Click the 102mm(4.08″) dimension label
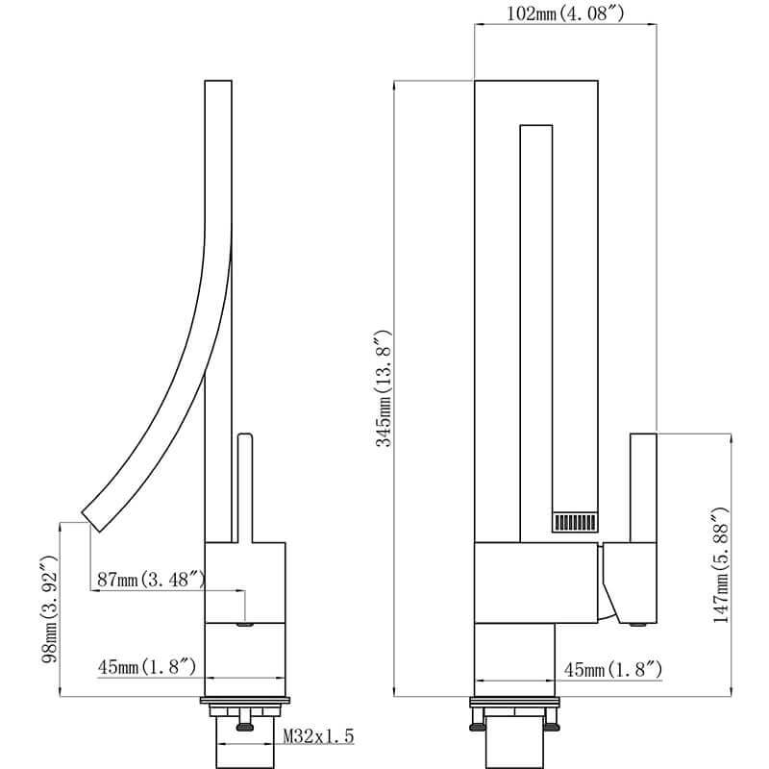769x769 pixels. coord(565,13)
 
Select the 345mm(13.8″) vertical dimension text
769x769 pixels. coord(384,388)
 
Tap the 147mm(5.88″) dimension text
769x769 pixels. coord(721,565)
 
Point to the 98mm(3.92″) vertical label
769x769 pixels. coord(50,608)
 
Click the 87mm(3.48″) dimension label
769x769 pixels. coord(152,580)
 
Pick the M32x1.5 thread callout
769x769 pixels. coord(319,735)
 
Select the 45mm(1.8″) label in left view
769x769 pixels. coord(147,666)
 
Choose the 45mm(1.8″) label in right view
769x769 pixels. coord(613,669)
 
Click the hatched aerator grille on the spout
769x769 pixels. coord(575,522)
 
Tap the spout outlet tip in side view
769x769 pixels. coord(91,520)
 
